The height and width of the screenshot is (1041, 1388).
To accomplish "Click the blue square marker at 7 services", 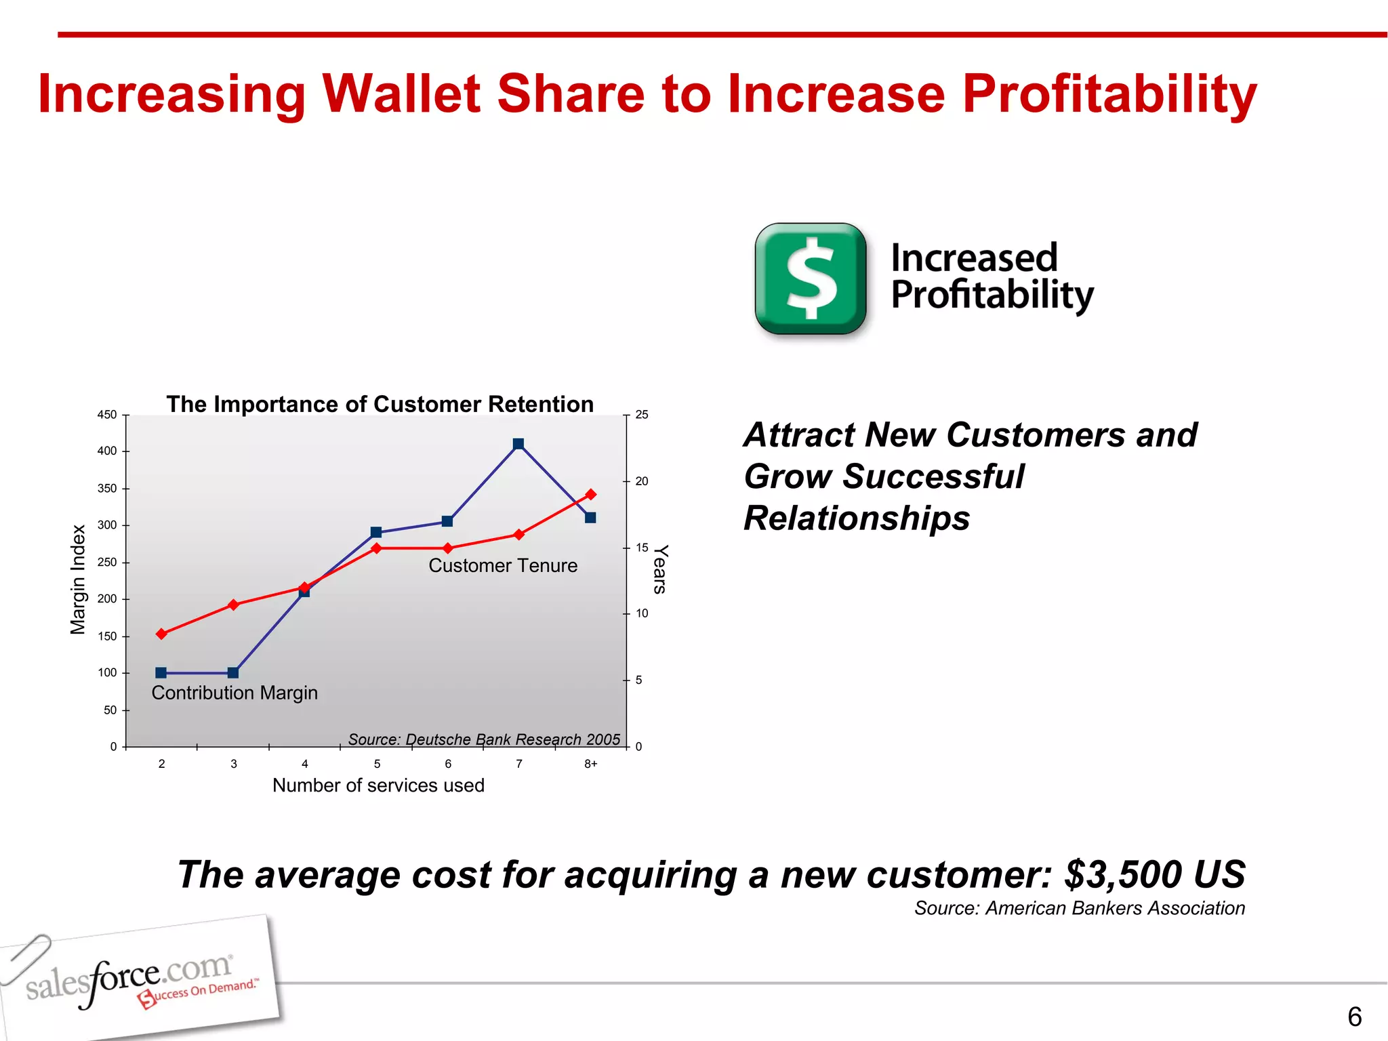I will coord(518,444).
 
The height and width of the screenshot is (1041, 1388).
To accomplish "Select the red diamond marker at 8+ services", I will coord(590,494).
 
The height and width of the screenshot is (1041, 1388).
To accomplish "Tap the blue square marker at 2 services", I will coord(161,673).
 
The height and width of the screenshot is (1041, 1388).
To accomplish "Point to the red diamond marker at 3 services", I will coord(233,605).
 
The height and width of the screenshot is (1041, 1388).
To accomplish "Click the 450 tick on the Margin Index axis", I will coord(107,415).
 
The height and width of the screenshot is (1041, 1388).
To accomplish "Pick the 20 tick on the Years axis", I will coord(641,481).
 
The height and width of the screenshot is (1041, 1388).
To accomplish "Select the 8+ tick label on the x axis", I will coord(591,764).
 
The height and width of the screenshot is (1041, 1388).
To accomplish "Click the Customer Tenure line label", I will coord(503,566).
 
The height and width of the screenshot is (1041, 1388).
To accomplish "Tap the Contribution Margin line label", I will coord(234,693).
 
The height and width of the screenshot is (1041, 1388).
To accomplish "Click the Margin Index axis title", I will coord(79,579).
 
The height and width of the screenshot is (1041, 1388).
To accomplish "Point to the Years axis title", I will coord(660,569).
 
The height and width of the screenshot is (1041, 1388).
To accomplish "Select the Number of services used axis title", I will coord(378,785).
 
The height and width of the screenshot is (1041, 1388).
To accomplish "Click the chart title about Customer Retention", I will coord(380,404).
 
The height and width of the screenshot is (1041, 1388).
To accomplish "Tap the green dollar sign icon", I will coord(811,279).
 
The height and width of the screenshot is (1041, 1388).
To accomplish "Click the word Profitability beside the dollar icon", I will coord(992,295).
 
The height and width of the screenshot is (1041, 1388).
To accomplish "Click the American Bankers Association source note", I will coord(1079,908).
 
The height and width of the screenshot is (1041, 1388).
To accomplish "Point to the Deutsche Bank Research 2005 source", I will coord(484,739).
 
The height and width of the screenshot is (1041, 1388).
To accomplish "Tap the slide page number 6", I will coord(1354,1017).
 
